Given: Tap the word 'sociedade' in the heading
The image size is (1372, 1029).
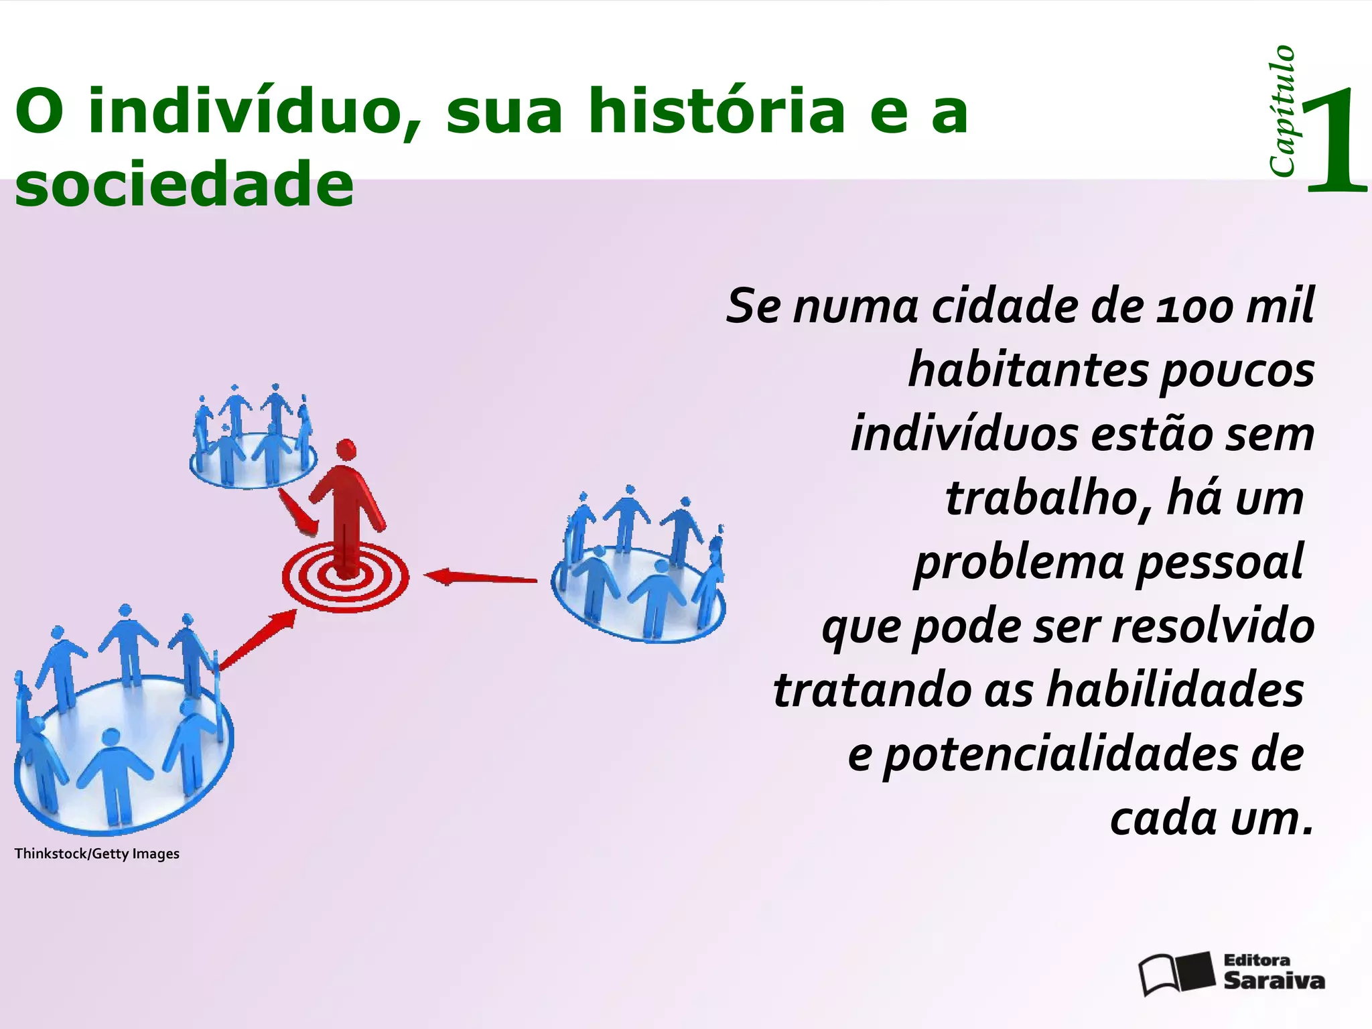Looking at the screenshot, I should pyautogui.click(x=184, y=184).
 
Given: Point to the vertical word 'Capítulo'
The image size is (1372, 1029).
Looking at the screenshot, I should pyautogui.click(x=1282, y=111).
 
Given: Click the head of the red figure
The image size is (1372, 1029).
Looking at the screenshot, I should pyautogui.click(x=346, y=450).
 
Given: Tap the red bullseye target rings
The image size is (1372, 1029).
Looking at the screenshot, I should pyautogui.click(x=345, y=579).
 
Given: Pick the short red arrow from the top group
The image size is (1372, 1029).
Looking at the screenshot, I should pyautogui.click(x=297, y=512).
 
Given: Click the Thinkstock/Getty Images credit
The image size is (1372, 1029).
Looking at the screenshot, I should pyautogui.click(x=97, y=853).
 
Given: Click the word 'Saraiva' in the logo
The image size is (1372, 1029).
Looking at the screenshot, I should pyautogui.click(x=1274, y=981).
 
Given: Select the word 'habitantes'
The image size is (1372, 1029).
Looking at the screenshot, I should pyautogui.click(x=1028, y=370).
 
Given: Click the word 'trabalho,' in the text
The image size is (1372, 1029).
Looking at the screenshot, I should pyautogui.click(x=1049, y=499).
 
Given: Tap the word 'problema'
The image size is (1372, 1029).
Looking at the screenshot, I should pyautogui.click(x=1019, y=563).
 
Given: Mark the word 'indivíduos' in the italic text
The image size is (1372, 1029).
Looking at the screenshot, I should pyautogui.click(x=965, y=434).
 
